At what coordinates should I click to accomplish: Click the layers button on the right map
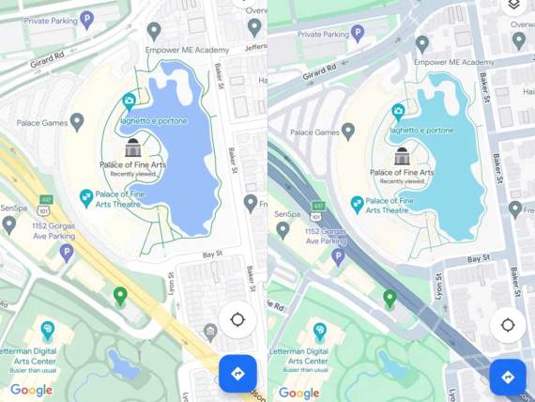coord(513,6)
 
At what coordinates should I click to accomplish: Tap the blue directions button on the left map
coord(237,373)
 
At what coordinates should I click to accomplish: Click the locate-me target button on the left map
coord(237,319)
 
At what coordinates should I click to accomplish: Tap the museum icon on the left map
coord(132,147)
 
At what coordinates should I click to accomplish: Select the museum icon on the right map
coord(403,155)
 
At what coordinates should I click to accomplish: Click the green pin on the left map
coord(119,297)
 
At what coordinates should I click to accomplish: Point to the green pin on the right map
coord(390,299)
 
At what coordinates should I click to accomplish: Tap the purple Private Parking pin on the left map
coord(87,19)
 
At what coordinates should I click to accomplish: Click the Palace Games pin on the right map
coord(348,130)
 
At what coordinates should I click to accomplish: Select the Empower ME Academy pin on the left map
coord(154,31)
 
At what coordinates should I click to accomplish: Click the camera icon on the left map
coord(130,100)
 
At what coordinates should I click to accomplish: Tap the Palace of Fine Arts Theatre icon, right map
coord(357,203)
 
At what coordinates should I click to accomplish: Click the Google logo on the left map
coord(31,390)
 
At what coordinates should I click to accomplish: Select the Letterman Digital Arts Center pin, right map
coord(320,331)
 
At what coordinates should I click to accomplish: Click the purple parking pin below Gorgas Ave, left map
coord(66,252)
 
